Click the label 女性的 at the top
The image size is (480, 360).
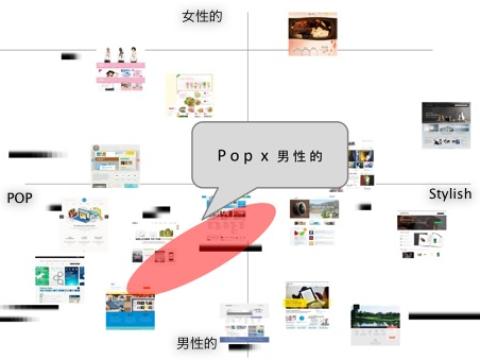[x=201, y=16]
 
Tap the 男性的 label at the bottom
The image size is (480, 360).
[x=197, y=344]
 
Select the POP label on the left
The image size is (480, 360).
[x=20, y=198]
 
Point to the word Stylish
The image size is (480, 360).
[x=449, y=194]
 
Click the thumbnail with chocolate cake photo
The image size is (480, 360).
[x=313, y=32]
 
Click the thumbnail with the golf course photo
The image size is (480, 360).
[x=375, y=321]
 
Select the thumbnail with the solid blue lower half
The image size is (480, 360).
[x=130, y=310]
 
